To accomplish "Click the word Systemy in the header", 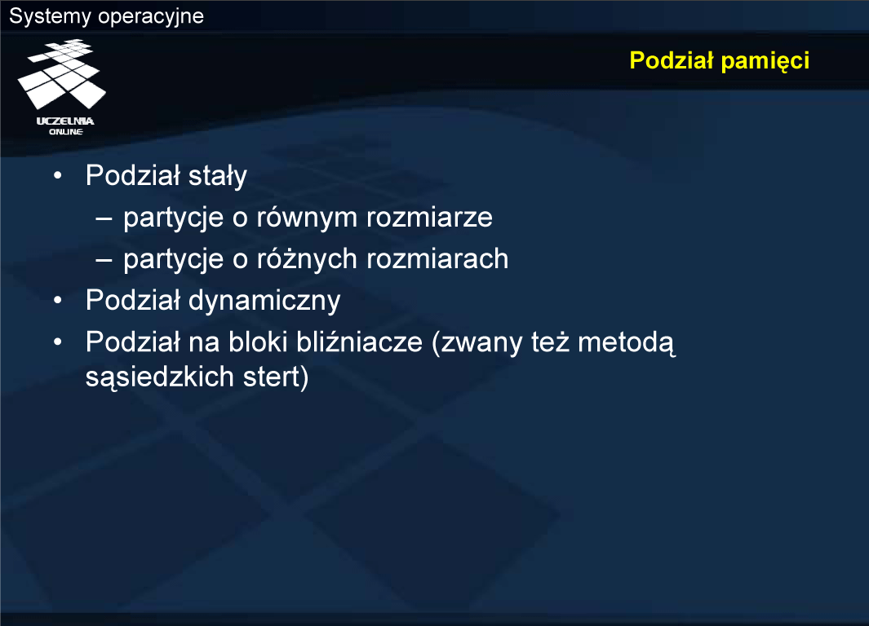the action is (x=50, y=16).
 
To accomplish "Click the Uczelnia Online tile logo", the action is (x=62, y=74).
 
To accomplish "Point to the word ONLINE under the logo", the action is (x=66, y=132).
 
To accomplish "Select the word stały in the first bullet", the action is (x=217, y=177).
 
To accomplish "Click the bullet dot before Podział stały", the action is (x=58, y=176).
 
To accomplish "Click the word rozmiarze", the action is (x=429, y=218).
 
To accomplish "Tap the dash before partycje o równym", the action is (x=104, y=218).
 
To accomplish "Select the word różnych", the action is (x=307, y=258).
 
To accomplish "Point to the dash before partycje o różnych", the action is (x=104, y=259).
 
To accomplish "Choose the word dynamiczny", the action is (x=264, y=301).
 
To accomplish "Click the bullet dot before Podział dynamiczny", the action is (x=58, y=301).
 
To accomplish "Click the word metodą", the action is (x=627, y=343).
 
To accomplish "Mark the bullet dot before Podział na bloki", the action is (x=58, y=342).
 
